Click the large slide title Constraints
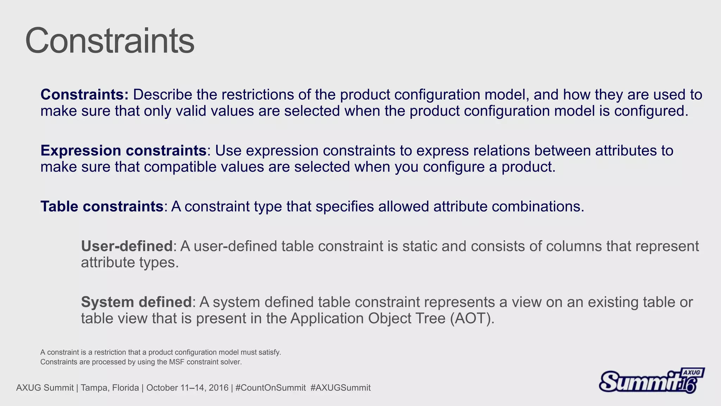tap(109, 41)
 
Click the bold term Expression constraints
tap(123, 150)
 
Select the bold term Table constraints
tap(102, 207)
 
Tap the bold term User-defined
tap(127, 246)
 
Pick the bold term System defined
tap(136, 302)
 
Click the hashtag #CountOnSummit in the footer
tap(270, 388)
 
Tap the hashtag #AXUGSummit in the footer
tap(340, 388)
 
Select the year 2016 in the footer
tap(219, 388)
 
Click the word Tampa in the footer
tap(92, 388)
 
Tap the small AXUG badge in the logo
tap(692, 373)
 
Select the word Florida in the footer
tap(126, 388)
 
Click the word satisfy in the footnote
tap(270, 352)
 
